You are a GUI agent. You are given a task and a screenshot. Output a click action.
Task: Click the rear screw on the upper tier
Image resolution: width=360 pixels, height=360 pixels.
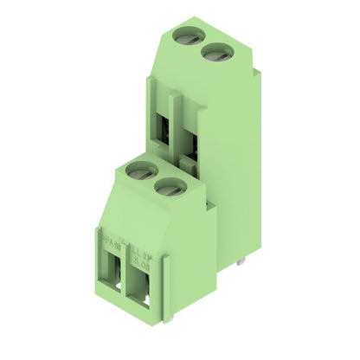coord(185,35)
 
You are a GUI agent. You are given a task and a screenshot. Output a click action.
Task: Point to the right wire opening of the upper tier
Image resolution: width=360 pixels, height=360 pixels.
coord(191,143)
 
